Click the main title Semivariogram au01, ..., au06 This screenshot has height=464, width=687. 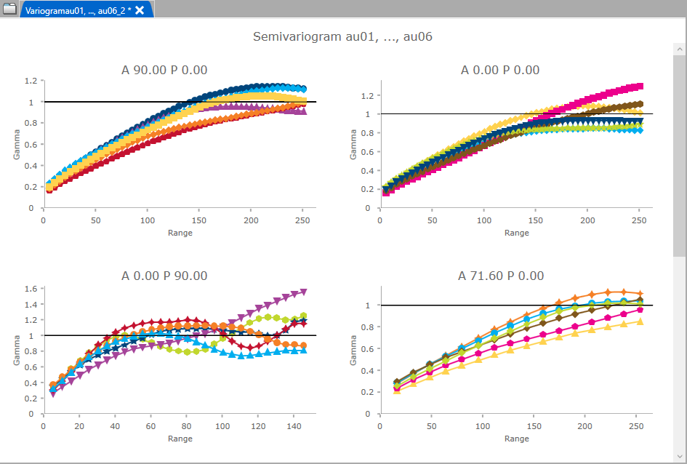[343, 36]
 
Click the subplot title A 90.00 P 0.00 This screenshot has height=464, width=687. [164, 70]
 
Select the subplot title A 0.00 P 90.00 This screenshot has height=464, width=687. [164, 276]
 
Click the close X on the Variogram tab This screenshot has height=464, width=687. [140, 9]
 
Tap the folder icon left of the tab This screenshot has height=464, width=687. [9, 9]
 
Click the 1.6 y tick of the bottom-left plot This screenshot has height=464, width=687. [29, 289]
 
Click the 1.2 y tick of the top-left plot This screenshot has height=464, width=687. [29, 81]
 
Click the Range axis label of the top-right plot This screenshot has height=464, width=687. [516, 233]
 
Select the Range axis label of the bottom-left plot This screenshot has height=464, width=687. [180, 439]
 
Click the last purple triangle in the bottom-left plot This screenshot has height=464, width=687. [303, 292]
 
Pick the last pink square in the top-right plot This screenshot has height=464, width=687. [640, 86]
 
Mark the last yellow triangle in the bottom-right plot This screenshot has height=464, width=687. [640, 321]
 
